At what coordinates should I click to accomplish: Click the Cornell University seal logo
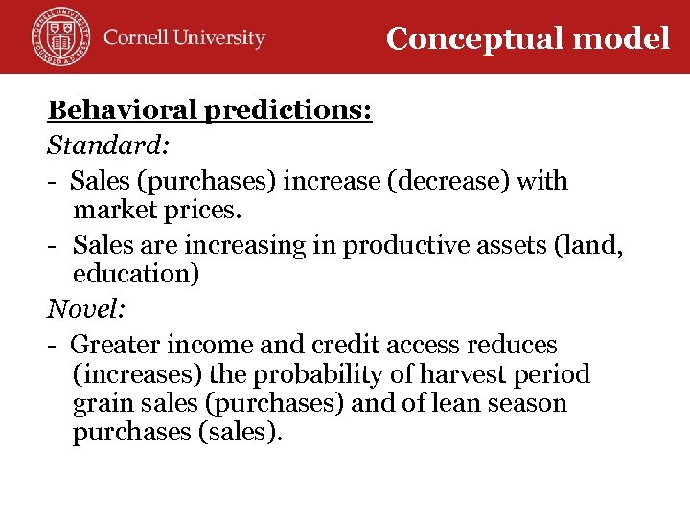(x=59, y=35)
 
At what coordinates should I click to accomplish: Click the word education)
(x=136, y=275)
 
